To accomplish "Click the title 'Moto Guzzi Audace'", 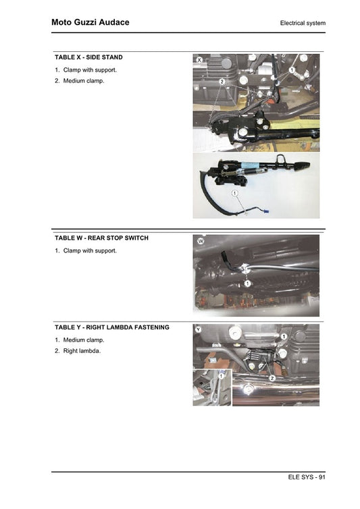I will [90, 22].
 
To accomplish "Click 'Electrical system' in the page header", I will [303, 23].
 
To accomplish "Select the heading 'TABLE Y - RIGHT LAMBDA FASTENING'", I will [111, 327].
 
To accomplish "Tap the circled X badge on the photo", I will [200, 61].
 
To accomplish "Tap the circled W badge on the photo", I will [201, 241].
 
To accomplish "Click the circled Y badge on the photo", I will [198, 329].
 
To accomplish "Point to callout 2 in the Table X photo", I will [222, 82].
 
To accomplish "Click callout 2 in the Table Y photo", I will [272, 378].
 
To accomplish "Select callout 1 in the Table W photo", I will [248, 284].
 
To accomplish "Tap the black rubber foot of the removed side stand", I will [301, 165].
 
